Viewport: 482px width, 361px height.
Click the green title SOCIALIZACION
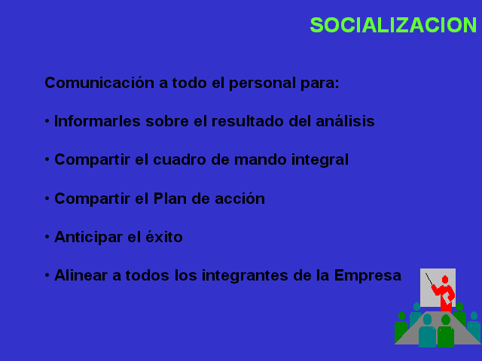click(393, 25)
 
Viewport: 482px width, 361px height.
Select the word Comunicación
click(99, 83)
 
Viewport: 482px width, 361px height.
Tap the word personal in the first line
click(262, 83)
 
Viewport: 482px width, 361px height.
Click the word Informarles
click(97, 121)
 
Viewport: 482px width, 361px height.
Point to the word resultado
click(248, 121)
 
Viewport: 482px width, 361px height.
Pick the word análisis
click(345, 121)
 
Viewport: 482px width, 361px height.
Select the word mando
click(260, 159)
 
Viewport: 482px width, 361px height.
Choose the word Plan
click(170, 199)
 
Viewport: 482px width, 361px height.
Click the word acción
click(239, 199)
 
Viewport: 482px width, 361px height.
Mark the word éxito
click(164, 237)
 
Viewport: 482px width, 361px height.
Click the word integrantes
click(245, 276)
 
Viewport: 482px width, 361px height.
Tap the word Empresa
click(368, 276)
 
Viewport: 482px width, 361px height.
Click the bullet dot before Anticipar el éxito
click(47, 237)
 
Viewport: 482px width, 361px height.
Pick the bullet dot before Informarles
click(47, 121)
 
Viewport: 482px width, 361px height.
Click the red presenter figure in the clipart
click(444, 294)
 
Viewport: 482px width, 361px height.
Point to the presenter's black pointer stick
click(429, 279)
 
